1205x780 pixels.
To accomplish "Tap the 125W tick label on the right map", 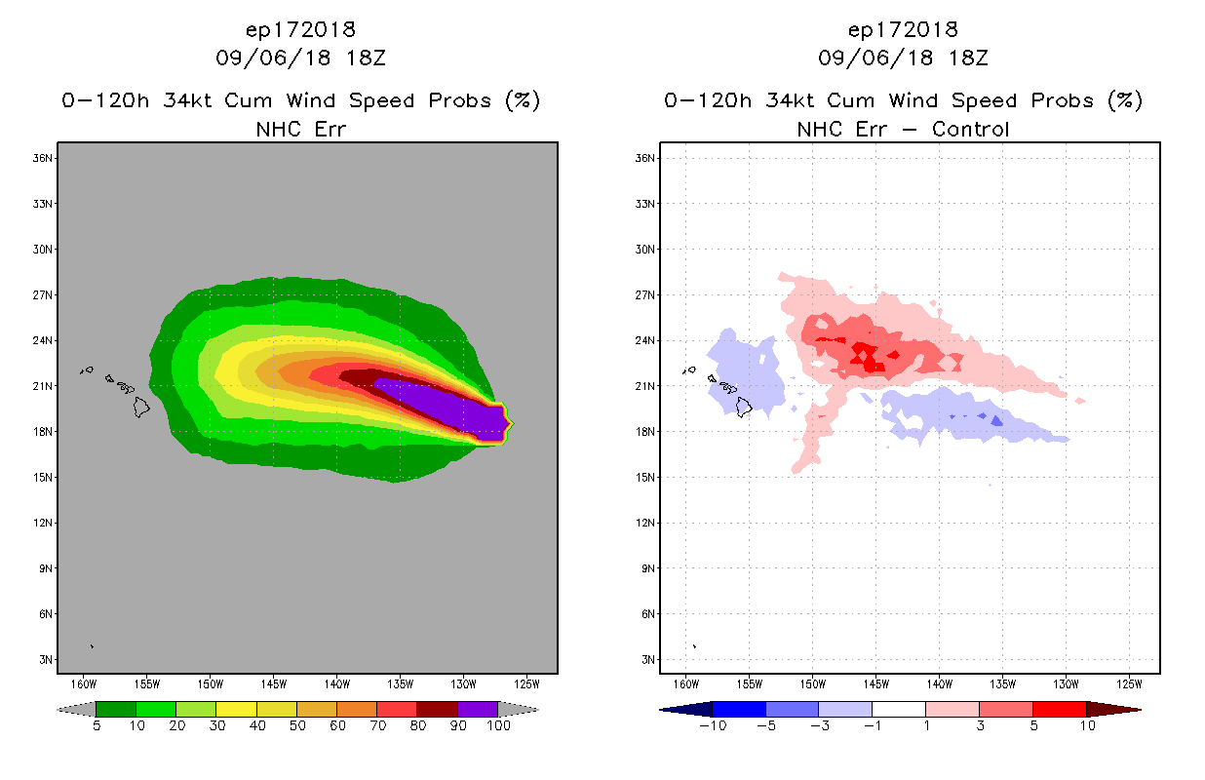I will (x=1128, y=682).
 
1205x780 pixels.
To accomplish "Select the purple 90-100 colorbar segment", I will (x=478, y=709).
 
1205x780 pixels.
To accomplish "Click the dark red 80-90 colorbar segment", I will (x=437, y=709).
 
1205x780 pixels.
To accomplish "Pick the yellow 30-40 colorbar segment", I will (x=236, y=709).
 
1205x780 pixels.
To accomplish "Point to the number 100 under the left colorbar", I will (x=498, y=726).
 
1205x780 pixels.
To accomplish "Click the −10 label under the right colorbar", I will (x=711, y=726).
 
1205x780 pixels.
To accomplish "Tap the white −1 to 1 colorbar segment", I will (x=898, y=709).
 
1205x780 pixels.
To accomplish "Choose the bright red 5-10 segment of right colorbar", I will (x=1059, y=709).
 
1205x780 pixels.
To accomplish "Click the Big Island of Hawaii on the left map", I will (x=141, y=406).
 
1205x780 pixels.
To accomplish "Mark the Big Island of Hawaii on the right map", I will (x=744, y=406).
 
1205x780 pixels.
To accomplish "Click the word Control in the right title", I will (x=970, y=129).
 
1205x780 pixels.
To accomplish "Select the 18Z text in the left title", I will (x=368, y=58).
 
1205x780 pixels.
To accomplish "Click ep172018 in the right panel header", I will (x=903, y=29).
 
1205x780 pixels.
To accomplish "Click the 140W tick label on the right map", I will (x=939, y=682).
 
